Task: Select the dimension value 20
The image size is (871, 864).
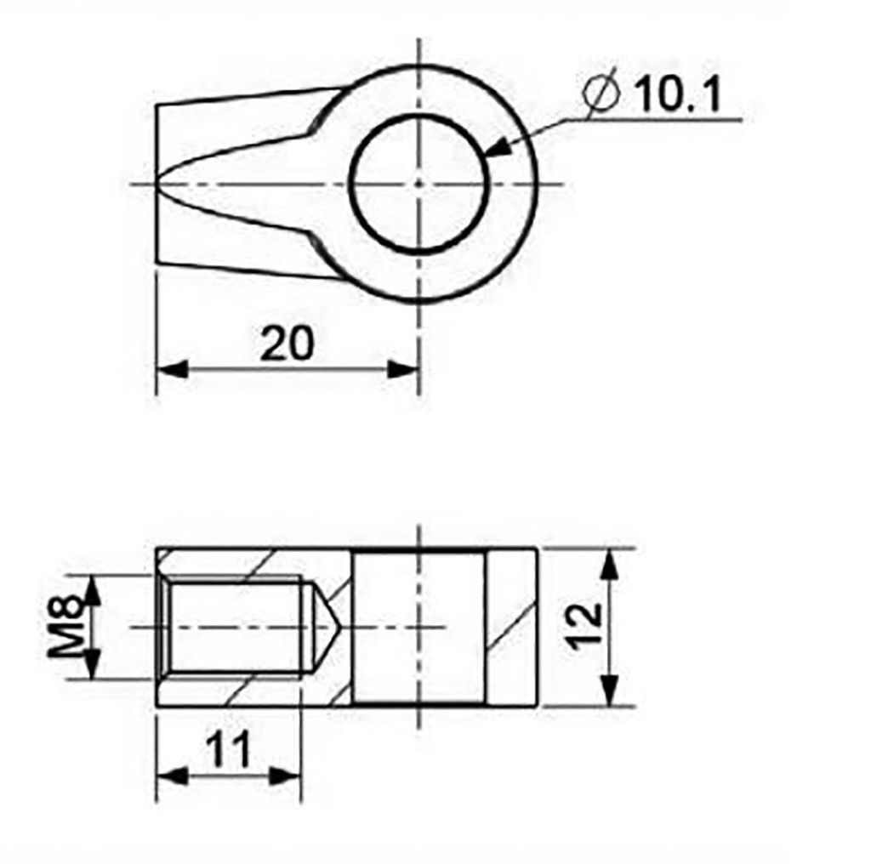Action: click(x=287, y=344)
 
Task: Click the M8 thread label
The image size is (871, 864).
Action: click(x=65, y=627)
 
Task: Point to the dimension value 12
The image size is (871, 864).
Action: click(x=586, y=627)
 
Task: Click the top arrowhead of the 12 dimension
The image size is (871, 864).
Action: click(x=609, y=562)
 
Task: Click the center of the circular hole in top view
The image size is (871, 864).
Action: click(x=418, y=183)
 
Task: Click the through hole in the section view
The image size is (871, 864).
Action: click(x=418, y=628)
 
